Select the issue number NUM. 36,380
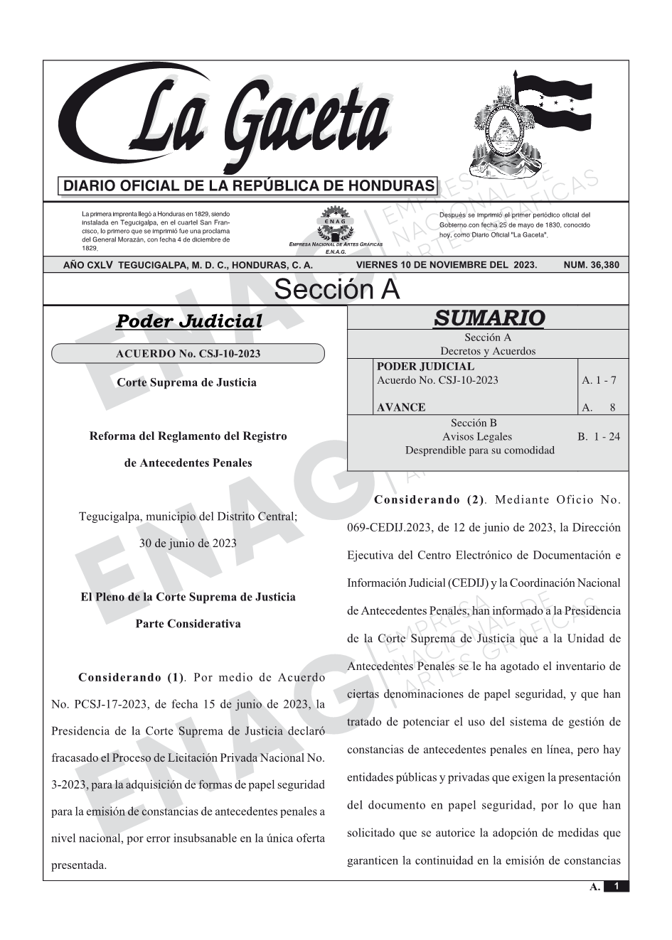(591, 265)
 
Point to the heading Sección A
(336, 290)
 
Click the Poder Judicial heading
(188, 321)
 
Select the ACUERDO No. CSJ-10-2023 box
(188, 353)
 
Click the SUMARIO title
(489, 318)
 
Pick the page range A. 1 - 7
(599, 380)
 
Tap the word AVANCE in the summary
(401, 407)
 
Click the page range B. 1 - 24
(599, 436)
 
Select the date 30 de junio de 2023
(188, 543)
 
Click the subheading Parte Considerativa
(188, 624)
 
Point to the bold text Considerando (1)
(131, 677)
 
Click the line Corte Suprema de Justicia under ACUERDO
(186, 382)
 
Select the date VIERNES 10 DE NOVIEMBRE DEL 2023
(447, 265)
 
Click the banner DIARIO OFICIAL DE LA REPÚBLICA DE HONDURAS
(249, 186)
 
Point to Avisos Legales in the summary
(476, 436)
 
